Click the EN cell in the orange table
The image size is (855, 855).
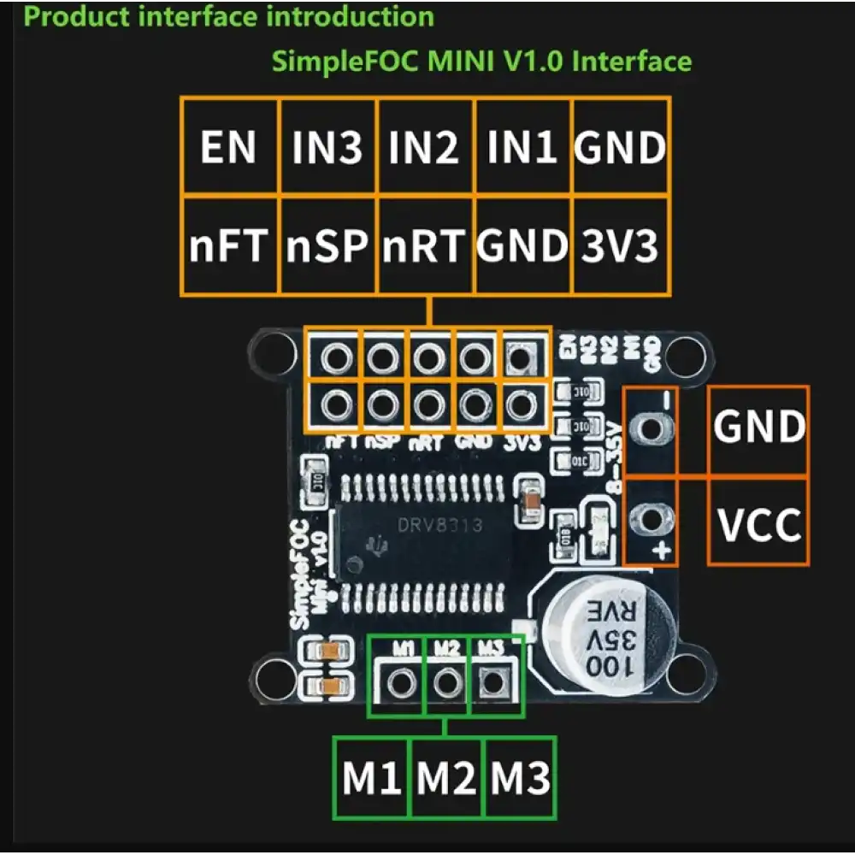coord(228,146)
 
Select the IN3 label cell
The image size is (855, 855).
coord(327,146)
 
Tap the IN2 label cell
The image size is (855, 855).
coord(425,146)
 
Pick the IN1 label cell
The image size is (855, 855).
coord(522,146)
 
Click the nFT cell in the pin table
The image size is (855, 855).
coord(228,246)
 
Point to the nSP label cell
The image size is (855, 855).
coord(327,246)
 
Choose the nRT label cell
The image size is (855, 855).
coord(425,246)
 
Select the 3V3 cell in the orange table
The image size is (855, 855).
coord(621,246)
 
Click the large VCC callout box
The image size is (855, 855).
coord(758,522)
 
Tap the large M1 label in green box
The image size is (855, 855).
coord(372,777)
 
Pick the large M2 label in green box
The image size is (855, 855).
coord(446,777)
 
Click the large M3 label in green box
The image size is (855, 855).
coord(520,777)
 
